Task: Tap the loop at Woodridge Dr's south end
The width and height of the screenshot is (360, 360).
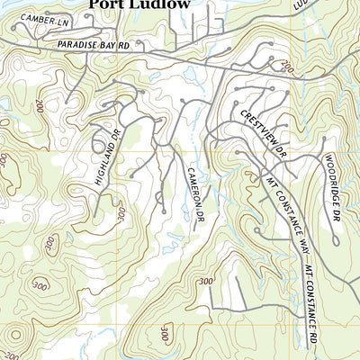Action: (x=336, y=242)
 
